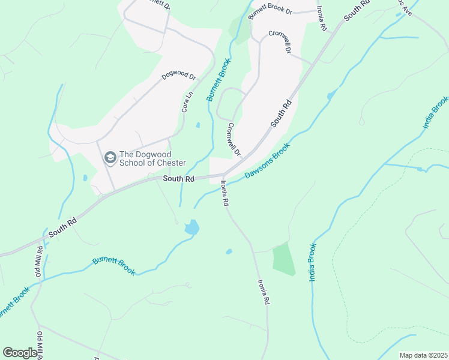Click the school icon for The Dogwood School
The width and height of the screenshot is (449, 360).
pyautogui.click(x=110, y=158)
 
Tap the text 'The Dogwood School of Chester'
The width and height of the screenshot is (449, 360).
pyautogui.click(x=152, y=158)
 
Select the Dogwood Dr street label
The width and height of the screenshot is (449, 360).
pyautogui.click(x=179, y=77)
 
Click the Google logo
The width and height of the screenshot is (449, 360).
pyautogui.click(x=20, y=353)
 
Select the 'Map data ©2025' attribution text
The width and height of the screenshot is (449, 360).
pyautogui.click(x=423, y=355)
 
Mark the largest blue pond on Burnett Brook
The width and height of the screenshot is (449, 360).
pyautogui.click(x=192, y=227)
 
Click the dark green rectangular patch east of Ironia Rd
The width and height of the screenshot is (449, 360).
pyautogui.click(x=284, y=259)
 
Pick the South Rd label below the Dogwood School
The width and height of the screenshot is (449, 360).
pyautogui.click(x=179, y=179)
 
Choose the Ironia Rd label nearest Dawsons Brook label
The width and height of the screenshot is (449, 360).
pyautogui.click(x=225, y=194)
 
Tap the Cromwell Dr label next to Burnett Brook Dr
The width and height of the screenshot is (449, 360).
pyautogui.click(x=280, y=43)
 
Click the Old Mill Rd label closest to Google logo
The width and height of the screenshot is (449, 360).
pyautogui.click(x=41, y=344)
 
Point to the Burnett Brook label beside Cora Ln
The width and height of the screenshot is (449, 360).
pyautogui.click(x=218, y=83)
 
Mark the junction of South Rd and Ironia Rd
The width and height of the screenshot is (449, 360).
pyautogui.click(x=223, y=175)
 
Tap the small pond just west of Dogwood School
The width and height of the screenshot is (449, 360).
pyautogui.click(x=85, y=178)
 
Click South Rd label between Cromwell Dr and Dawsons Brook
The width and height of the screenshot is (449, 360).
pyautogui.click(x=281, y=112)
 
